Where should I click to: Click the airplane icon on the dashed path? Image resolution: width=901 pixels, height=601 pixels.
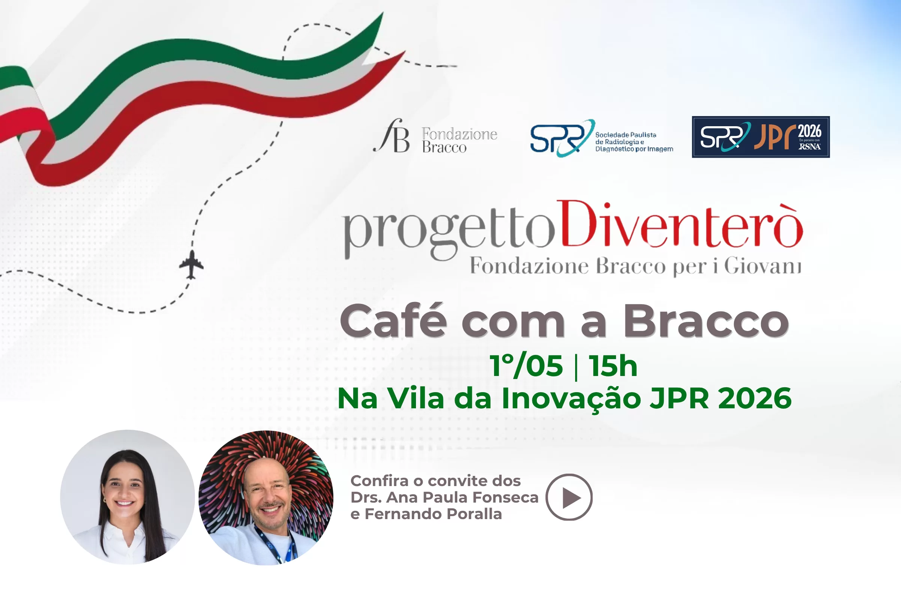(191, 264)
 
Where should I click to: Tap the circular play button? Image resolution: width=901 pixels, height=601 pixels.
(569, 497)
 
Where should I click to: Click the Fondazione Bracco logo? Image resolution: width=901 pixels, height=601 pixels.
(435, 136)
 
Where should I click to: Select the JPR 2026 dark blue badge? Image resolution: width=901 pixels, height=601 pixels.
(761, 137)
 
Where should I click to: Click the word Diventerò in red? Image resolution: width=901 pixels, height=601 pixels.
(680, 226)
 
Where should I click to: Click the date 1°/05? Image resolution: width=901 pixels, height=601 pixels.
(526, 366)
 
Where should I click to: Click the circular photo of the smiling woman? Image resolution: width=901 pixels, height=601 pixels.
(127, 497)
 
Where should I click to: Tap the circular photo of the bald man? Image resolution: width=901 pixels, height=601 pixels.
(266, 497)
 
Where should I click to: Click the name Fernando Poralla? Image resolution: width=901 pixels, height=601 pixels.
(433, 514)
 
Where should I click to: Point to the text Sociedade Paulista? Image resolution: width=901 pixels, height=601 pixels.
(625, 135)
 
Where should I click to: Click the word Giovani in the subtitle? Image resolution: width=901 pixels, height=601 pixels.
(762, 266)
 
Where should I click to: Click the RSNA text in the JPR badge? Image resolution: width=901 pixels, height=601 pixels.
(809, 146)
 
